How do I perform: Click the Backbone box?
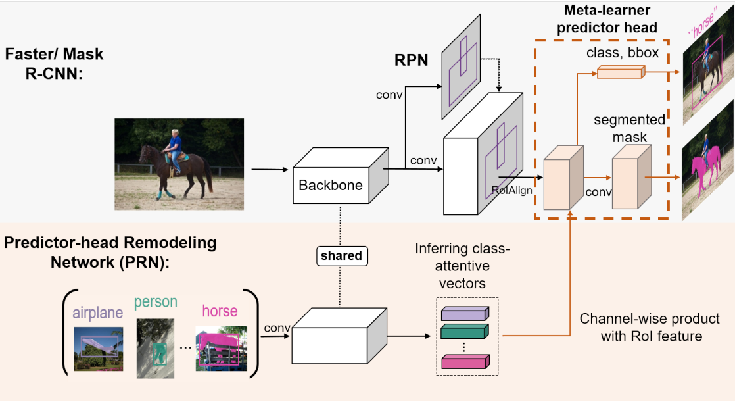coord(331,184)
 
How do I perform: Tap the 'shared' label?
coord(341,255)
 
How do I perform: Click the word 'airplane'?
coord(97,313)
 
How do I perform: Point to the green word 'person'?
coord(155,302)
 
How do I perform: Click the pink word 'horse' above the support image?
coord(220,311)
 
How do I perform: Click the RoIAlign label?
coord(513,190)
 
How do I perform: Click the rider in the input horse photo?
coord(175,147)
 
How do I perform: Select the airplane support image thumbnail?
coord(97,350)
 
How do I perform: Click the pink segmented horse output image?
coord(709,164)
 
